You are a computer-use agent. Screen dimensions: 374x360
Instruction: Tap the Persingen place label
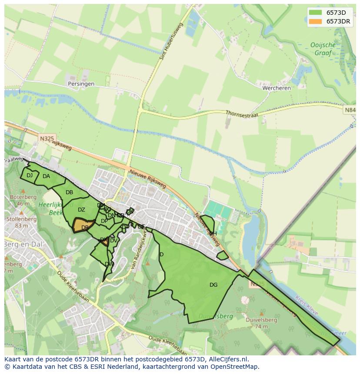(x=81, y=84)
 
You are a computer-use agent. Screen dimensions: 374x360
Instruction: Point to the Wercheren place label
(x=276, y=88)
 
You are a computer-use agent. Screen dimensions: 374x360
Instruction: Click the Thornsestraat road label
(x=242, y=114)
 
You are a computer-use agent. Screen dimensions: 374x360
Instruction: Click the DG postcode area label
(x=213, y=285)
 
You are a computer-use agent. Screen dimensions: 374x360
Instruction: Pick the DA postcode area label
(x=46, y=176)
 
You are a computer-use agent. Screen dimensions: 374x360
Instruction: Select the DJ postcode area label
(x=30, y=175)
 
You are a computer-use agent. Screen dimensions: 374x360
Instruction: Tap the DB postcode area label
(x=69, y=192)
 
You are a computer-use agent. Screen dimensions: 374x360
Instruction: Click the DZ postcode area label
(x=81, y=210)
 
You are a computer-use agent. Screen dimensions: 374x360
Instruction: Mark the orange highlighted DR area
(x=84, y=226)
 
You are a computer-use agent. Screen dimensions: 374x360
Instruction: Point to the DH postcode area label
(x=213, y=234)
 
